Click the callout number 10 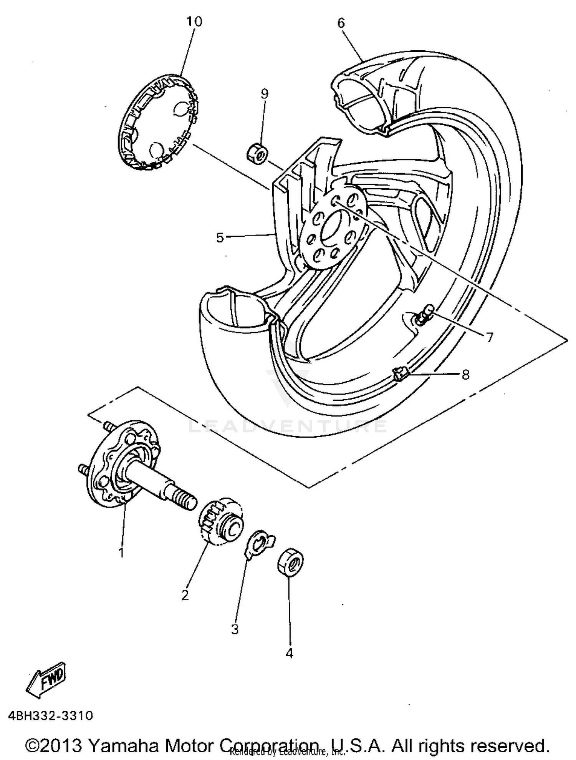click(x=194, y=22)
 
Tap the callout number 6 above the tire click(x=341, y=23)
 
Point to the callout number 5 click(x=220, y=238)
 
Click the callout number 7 click(x=489, y=337)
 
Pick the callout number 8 click(x=465, y=374)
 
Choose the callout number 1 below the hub click(x=121, y=553)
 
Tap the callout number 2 click(x=185, y=595)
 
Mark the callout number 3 click(x=235, y=629)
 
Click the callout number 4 click(x=289, y=653)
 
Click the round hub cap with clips click(x=158, y=122)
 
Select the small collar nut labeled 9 click(x=256, y=153)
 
